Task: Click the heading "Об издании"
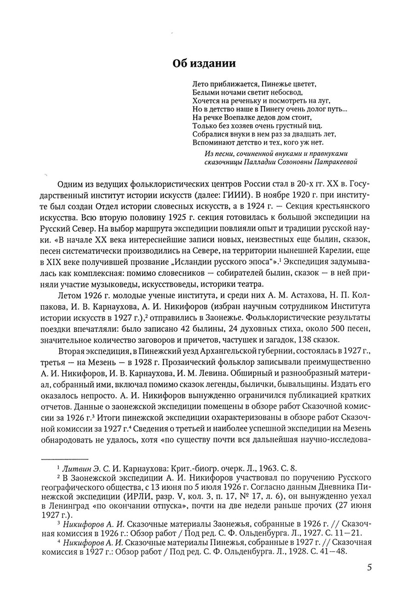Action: click(x=204, y=63)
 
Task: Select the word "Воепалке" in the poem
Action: click(x=231, y=117)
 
